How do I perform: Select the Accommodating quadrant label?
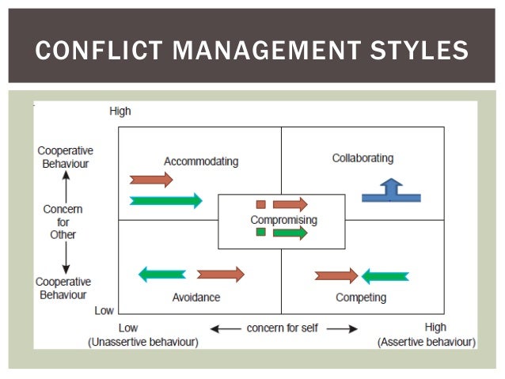pos(201,161)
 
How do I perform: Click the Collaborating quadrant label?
pos(363,158)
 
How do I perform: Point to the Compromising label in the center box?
pos(283,219)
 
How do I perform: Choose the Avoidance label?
pos(196,298)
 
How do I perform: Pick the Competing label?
pos(361,298)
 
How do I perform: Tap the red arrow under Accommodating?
pos(150,180)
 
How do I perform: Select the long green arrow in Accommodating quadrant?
pos(166,200)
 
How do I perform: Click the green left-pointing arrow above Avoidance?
pos(162,275)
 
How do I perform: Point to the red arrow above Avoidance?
pos(221,275)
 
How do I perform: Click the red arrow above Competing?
pos(336,276)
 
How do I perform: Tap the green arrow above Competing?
pos(385,276)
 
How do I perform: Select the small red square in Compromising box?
pos(260,204)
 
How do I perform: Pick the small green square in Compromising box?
pos(260,232)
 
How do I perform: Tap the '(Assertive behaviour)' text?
pos(427,342)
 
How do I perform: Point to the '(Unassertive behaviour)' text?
pos(143,342)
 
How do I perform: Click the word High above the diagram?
pos(120,112)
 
